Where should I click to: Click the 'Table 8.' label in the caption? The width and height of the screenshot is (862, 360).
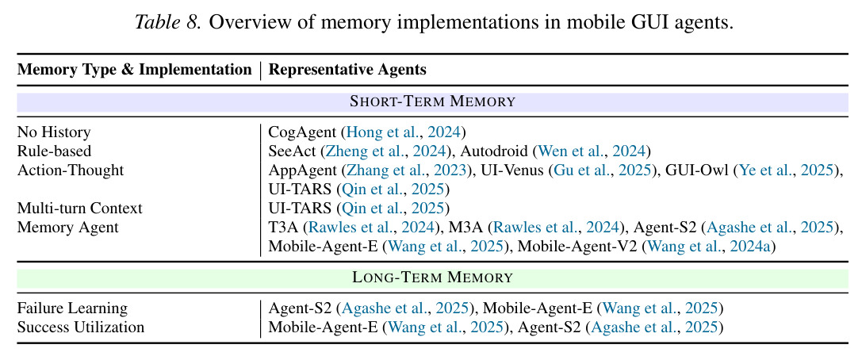167,24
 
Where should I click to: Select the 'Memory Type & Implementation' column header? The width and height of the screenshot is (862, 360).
134,70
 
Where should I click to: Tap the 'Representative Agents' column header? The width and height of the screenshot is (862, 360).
347,70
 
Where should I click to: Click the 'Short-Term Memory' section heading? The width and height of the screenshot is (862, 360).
432,101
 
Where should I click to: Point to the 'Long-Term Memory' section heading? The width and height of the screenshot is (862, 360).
432,277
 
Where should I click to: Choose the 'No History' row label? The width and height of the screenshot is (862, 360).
54,132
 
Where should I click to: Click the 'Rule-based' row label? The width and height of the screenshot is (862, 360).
54,151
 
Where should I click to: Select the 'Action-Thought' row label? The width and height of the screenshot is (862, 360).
71,170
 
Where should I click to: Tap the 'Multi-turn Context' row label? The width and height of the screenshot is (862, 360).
80,209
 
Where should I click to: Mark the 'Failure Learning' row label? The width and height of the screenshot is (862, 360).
72,308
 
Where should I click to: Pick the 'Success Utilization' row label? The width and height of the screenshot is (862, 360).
80,327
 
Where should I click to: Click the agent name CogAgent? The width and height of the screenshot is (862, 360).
301,132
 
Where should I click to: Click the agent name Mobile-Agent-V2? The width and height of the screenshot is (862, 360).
577,247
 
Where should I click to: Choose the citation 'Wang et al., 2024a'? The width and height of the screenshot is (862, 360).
711,247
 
